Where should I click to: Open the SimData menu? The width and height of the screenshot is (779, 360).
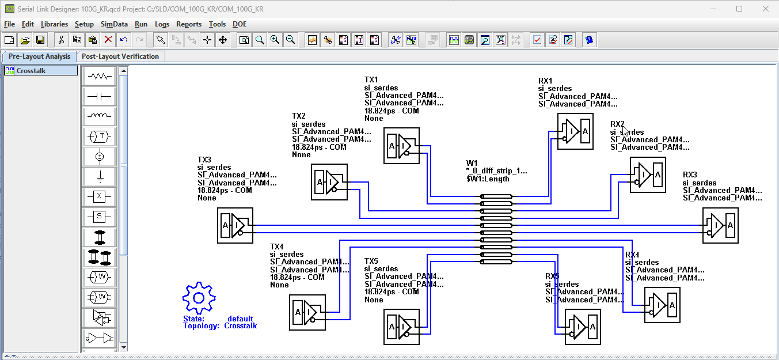point(114,24)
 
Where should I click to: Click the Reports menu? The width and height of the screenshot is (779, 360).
point(189,24)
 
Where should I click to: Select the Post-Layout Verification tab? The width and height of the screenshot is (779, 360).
point(120,56)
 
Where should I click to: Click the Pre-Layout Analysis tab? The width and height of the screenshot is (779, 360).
point(39,56)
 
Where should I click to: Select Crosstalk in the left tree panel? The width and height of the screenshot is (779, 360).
point(31,71)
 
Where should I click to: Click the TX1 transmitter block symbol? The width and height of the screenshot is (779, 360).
point(401,146)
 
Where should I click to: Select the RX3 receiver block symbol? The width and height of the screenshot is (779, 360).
point(720,225)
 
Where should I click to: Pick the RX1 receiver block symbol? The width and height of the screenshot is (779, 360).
point(575,131)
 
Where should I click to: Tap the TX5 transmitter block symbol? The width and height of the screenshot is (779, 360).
point(401,327)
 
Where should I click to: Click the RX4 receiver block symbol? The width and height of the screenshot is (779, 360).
point(662,305)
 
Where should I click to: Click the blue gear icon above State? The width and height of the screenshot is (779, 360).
point(199,298)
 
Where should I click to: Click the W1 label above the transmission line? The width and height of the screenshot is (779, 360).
point(472,163)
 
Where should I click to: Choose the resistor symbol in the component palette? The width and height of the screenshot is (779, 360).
point(99,76)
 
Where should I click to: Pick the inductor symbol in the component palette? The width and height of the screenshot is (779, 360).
point(99,116)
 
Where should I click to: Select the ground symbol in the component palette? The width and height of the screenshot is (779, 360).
point(99,176)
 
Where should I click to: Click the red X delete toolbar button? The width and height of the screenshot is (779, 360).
point(108,40)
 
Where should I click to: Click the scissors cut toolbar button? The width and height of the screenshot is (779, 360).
point(61,40)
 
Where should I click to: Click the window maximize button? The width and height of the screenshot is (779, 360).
point(739,9)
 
